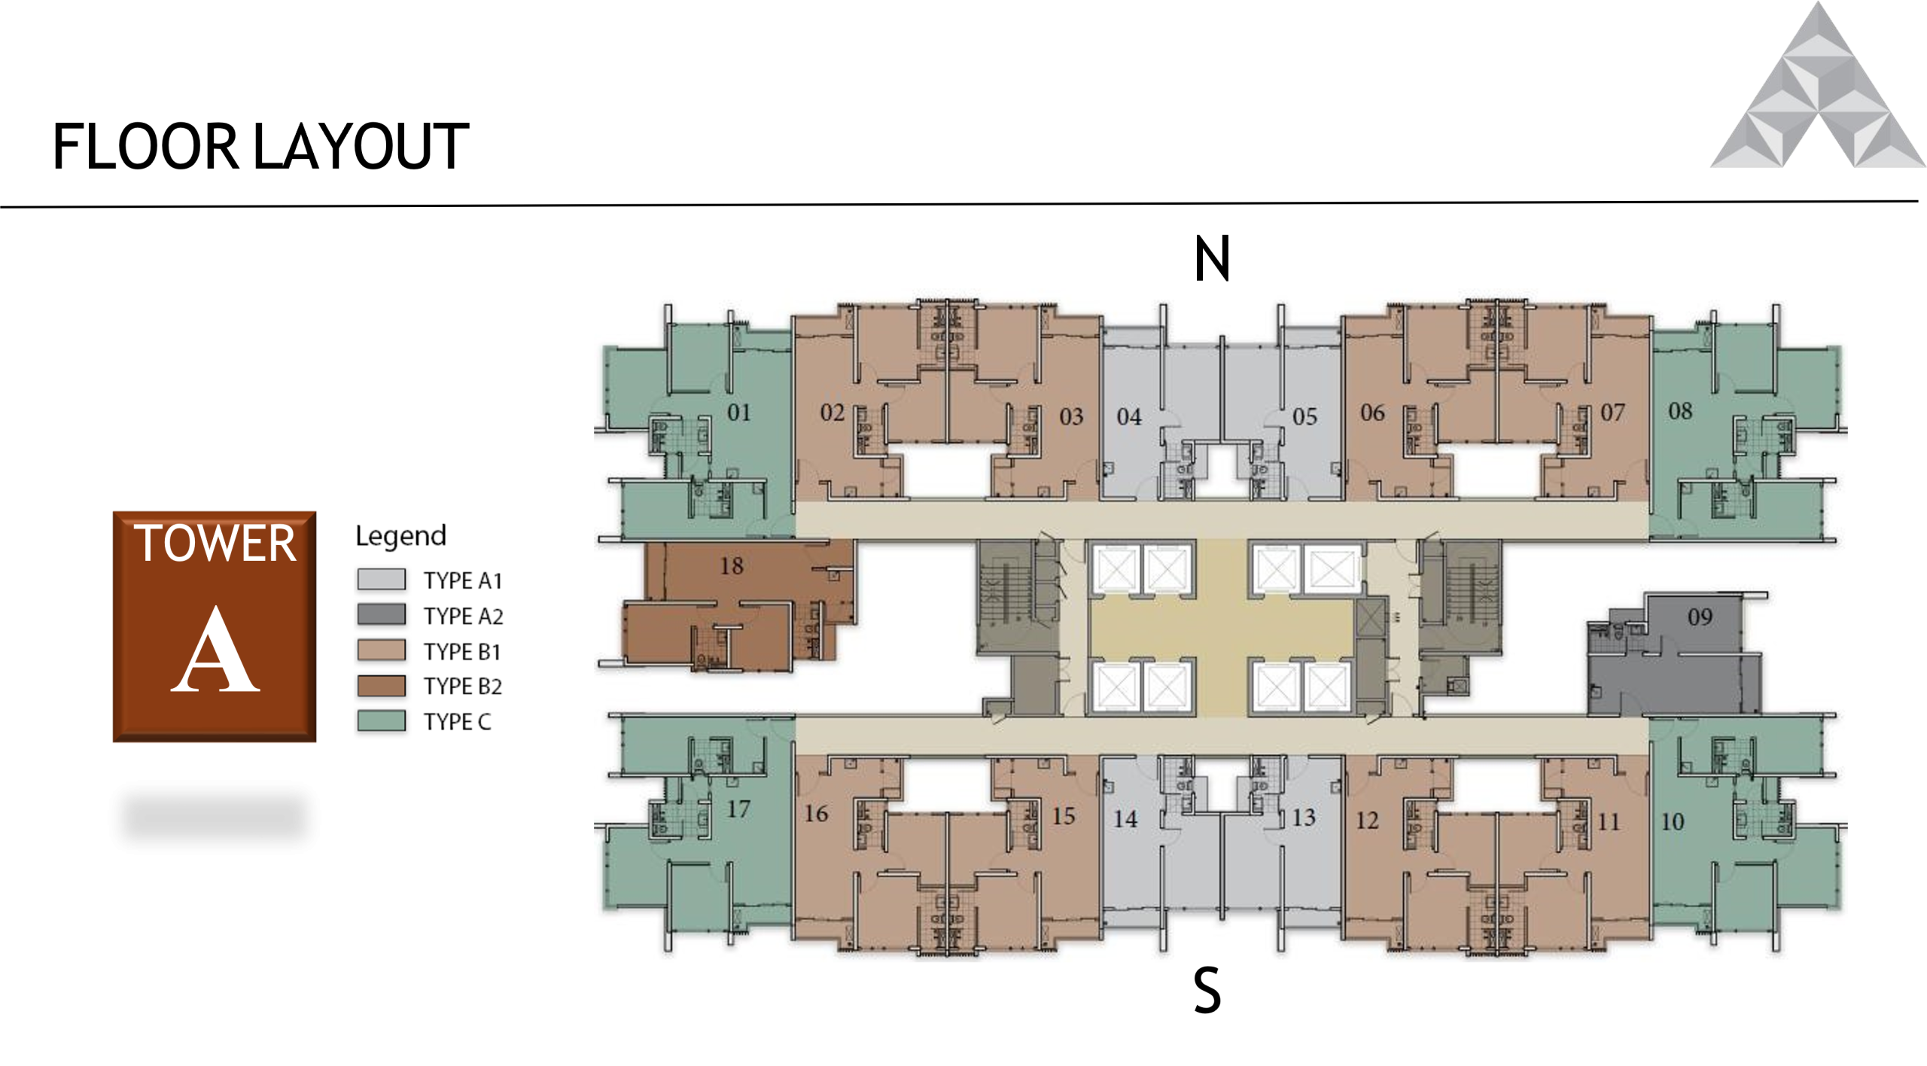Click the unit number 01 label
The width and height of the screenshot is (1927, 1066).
738,413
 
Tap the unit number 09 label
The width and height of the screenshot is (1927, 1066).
1700,617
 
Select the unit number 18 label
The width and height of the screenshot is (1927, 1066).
731,566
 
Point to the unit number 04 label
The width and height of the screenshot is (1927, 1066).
1129,417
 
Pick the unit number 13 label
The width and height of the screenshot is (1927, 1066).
1304,818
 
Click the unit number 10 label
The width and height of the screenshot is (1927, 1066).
1672,822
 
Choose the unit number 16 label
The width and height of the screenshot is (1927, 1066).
816,814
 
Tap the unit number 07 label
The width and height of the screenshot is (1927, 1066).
1612,413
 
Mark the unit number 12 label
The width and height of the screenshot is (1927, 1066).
1367,821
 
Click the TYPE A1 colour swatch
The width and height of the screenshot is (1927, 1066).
382,580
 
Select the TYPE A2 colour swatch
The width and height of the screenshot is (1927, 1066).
382,615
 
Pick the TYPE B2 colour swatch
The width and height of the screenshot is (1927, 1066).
382,686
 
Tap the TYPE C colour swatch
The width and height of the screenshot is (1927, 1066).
382,721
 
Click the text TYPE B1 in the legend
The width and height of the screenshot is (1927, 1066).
462,651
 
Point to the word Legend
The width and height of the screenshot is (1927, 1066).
400,536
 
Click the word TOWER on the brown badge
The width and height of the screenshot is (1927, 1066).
215,544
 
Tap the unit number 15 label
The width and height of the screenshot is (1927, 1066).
1063,816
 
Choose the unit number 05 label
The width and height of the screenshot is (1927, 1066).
1304,417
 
